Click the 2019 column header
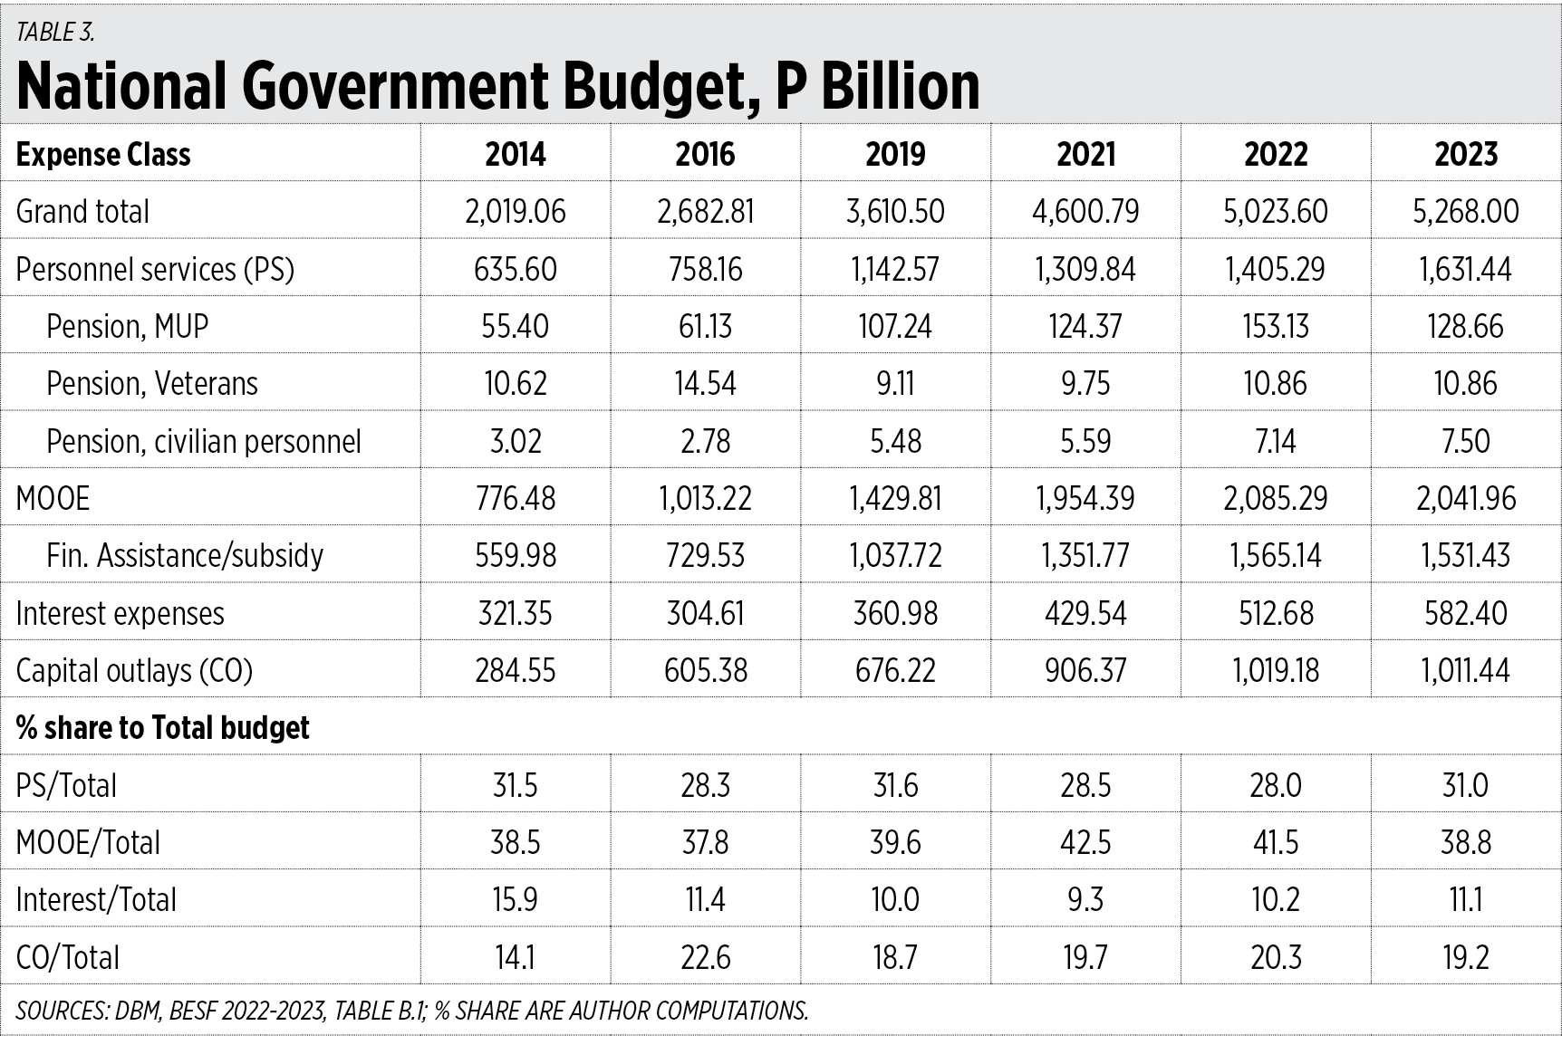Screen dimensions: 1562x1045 (x=895, y=154)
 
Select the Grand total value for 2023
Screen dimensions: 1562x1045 (x=1465, y=211)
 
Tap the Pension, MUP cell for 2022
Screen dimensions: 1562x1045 (x=1276, y=326)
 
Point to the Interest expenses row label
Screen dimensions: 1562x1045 (x=120, y=613)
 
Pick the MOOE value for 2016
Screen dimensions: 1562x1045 (x=705, y=498)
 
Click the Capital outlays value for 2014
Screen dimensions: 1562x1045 (x=516, y=670)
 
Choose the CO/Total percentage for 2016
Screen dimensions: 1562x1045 (x=705, y=957)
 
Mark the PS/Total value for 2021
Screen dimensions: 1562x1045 (x=1085, y=785)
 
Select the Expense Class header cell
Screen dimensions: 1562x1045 (x=103, y=155)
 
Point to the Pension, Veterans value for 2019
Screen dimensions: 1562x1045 (x=895, y=383)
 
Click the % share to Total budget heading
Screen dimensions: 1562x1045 (x=163, y=727)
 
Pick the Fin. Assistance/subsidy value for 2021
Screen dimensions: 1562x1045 (x=1085, y=555)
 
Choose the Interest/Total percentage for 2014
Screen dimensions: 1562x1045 (x=516, y=899)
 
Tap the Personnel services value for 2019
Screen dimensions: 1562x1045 (x=895, y=269)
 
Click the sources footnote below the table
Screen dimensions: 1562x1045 (x=412, y=1011)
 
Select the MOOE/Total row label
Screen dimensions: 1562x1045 (x=88, y=842)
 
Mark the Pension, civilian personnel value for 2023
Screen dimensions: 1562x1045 (x=1465, y=441)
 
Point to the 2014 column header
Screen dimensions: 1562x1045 (x=516, y=154)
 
